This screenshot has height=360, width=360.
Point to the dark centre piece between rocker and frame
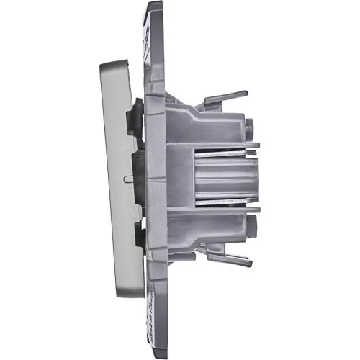click(138, 176)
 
